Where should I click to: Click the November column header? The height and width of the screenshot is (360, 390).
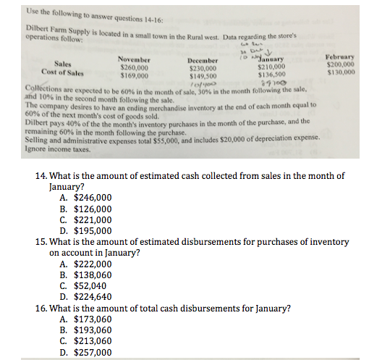pos(133,59)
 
